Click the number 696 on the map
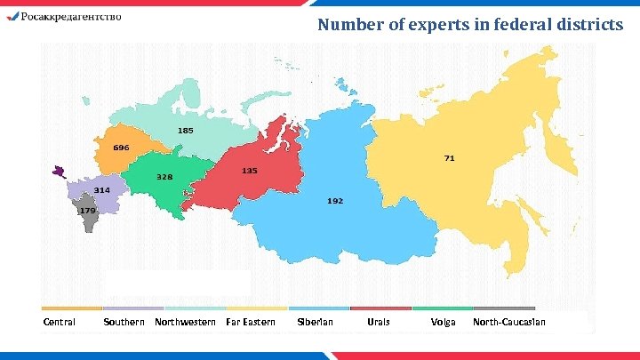coord(122,147)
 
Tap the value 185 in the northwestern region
coord(185,131)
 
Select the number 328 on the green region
coord(164,177)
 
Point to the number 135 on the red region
coord(250,171)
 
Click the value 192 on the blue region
coord(334,201)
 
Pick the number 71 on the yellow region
coord(450,158)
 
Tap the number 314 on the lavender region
coord(102,190)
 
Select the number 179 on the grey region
coord(87,211)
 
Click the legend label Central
coord(60,322)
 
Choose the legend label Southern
coord(124,322)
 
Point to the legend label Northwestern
coord(185,322)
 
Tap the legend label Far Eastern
coord(251,322)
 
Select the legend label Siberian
coord(315,322)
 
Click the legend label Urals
coord(379,322)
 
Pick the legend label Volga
coord(443,322)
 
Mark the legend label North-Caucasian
coord(509,322)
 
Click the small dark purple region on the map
coord(59,170)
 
